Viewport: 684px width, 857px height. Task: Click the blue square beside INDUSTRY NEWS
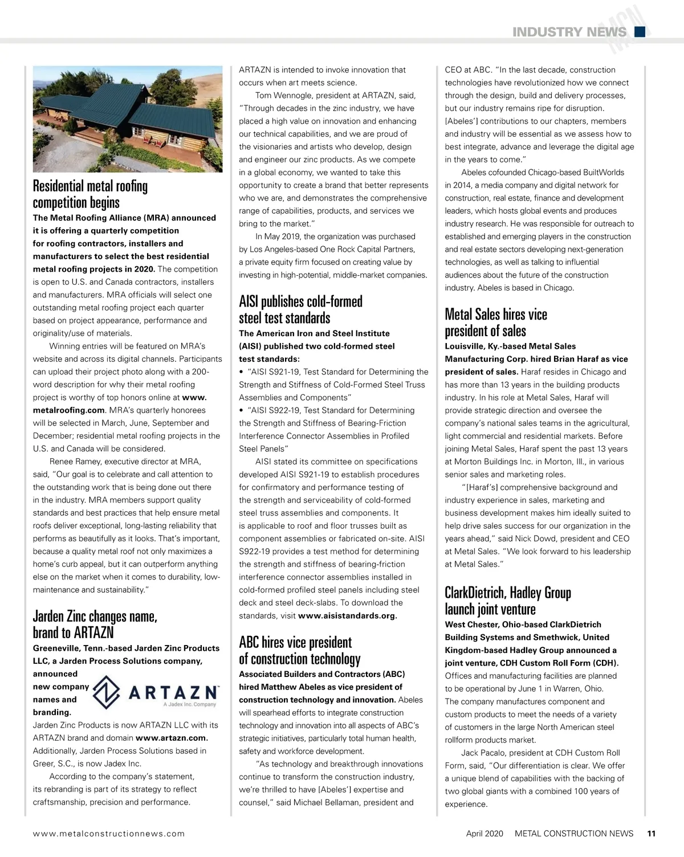[x=640, y=32]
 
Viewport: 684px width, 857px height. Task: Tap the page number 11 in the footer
[x=651, y=833]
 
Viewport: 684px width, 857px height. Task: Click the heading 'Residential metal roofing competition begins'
[x=90, y=194]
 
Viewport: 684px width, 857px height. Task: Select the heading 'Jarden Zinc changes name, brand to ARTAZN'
[x=95, y=625]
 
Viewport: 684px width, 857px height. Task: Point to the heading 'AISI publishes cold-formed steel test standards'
[x=300, y=309]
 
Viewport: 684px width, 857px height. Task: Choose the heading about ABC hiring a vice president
[x=299, y=651]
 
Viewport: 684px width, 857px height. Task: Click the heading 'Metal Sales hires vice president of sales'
[x=495, y=323]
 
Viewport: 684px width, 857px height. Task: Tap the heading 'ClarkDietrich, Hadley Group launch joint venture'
[x=507, y=601]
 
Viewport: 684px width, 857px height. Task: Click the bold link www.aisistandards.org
[x=347, y=616]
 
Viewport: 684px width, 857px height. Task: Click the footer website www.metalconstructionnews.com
[x=109, y=833]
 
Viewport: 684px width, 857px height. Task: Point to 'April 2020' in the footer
[x=484, y=833]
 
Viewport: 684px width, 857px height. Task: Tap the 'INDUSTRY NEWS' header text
[x=569, y=32]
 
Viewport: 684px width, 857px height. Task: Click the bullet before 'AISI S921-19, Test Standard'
[x=242, y=372]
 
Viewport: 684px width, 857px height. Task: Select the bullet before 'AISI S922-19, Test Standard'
[x=242, y=410]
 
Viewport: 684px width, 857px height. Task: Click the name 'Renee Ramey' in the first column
[x=75, y=462]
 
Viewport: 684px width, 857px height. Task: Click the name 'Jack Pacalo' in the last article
[x=485, y=753]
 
